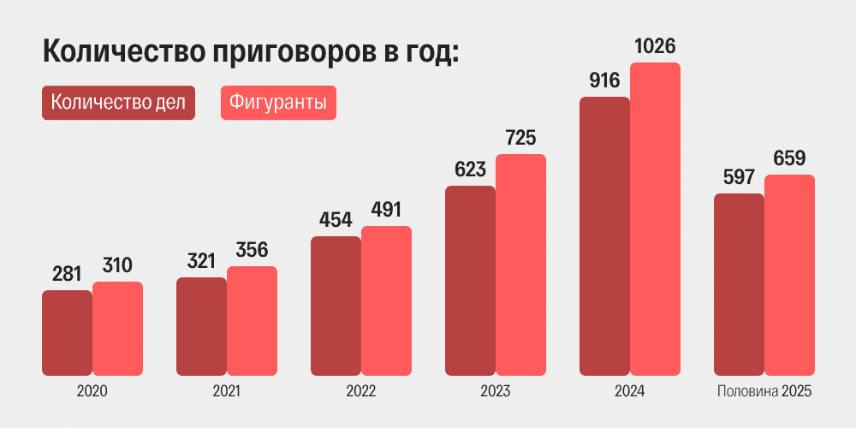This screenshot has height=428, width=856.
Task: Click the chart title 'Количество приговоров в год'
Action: pyautogui.click(x=252, y=51)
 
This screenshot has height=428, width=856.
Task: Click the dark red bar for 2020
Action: pyautogui.click(x=67, y=333)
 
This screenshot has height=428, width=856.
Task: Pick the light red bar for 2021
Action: pyautogui.click(x=252, y=321)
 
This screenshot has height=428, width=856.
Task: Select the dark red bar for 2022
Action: pyautogui.click(x=336, y=306)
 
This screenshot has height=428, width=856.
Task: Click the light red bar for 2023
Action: pyautogui.click(x=520, y=265)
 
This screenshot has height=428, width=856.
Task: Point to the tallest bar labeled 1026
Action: pyautogui.click(x=655, y=219)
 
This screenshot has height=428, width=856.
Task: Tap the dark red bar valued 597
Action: pyautogui.click(x=739, y=284)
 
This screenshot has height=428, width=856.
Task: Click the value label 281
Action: pyautogui.click(x=67, y=275)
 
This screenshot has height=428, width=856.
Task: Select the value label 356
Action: pyautogui.click(x=252, y=251)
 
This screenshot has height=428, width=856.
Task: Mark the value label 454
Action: pyautogui.click(x=336, y=220)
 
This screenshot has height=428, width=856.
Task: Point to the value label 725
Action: pyautogui.click(x=520, y=137)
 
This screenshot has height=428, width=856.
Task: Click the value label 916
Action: pyautogui.click(x=604, y=80)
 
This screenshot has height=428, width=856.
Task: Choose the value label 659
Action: pyautogui.click(x=789, y=158)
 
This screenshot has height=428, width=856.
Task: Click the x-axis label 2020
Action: pyautogui.click(x=92, y=391)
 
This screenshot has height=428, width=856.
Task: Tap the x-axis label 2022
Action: pyautogui.click(x=360, y=391)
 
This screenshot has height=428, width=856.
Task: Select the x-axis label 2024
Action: pyautogui.click(x=629, y=391)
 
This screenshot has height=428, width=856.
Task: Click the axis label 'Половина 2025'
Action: pyautogui.click(x=763, y=391)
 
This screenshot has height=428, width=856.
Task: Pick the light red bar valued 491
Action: pyautogui.click(x=386, y=300)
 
